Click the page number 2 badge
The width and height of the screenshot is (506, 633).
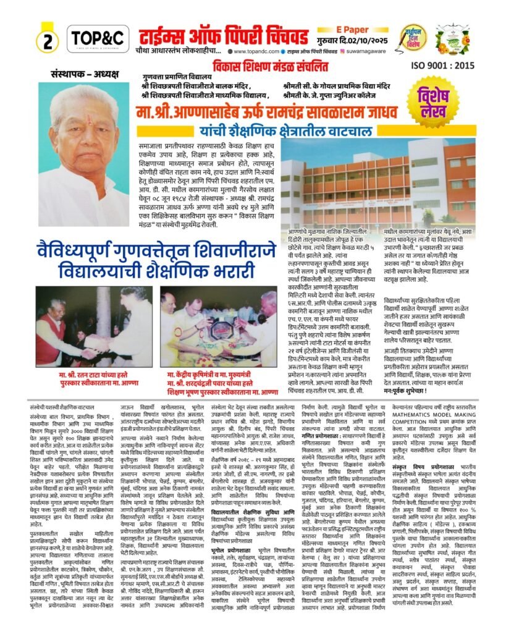pyautogui.click(x=47, y=40)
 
